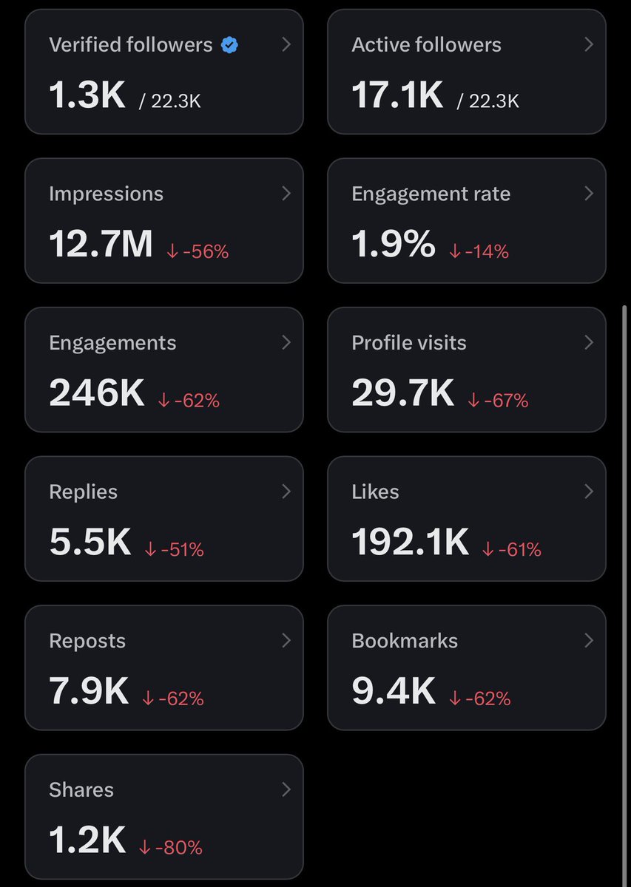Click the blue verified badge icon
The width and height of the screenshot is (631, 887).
(x=229, y=45)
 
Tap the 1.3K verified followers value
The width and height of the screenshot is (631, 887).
(x=87, y=95)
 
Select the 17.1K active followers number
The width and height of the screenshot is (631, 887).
(x=397, y=95)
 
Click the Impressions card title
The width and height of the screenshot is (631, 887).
(x=107, y=194)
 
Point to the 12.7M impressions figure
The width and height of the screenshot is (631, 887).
(x=101, y=243)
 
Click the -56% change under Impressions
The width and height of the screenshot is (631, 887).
(x=198, y=251)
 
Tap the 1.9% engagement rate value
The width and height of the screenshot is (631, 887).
(x=394, y=243)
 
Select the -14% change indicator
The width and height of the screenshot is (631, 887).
(x=479, y=251)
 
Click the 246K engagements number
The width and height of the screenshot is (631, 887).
(x=97, y=392)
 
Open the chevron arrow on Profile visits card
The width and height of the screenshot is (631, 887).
(x=589, y=342)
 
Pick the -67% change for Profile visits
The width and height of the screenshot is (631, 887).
(x=498, y=401)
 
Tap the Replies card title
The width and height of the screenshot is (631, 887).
(x=84, y=492)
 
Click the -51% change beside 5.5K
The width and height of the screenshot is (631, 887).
(x=174, y=550)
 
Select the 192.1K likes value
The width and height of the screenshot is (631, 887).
(x=411, y=542)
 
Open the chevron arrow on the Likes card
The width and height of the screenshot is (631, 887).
(x=589, y=492)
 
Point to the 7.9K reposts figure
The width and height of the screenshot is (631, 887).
(x=89, y=690)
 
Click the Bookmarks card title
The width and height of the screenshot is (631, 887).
(x=405, y=641)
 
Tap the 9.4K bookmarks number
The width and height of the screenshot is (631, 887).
(x=394, y=690)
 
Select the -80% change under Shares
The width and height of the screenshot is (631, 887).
(x=171, y=847)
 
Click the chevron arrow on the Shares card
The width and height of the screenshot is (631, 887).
(x=286, y=789)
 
